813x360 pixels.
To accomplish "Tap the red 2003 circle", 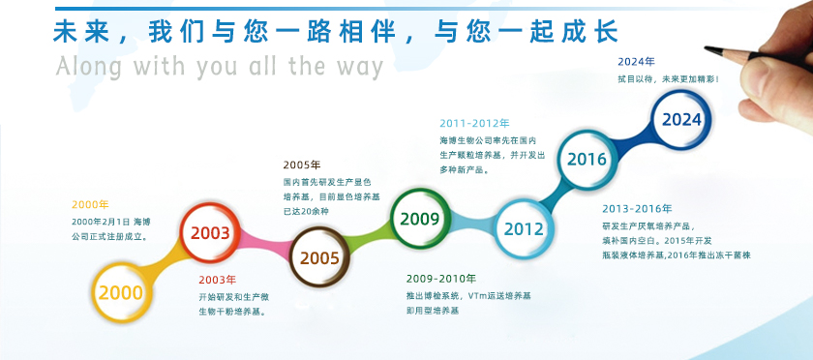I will pos(210,233).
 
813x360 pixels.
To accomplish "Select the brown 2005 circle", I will pos(319,257).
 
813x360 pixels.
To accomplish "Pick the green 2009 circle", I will pos(420,219).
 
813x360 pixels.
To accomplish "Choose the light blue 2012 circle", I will pos(523,228).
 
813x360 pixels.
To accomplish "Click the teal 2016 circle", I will pos(587,159).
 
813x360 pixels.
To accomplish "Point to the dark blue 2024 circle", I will pos(681,120).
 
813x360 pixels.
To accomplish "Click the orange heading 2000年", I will pos(90,204).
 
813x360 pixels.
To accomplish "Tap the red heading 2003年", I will pos(217,280).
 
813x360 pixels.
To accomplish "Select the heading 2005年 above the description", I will pos(302,165).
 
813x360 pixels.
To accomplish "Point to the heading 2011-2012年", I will pos(474,123).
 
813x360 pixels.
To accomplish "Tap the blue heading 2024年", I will pos(636,63).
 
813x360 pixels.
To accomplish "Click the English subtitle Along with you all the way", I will pos(220,66).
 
